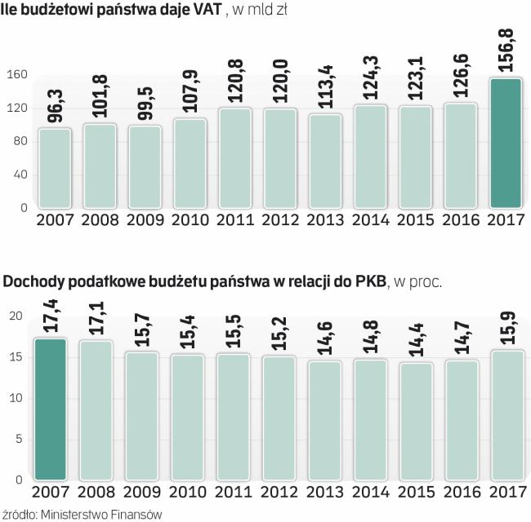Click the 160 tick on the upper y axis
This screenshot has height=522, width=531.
17,74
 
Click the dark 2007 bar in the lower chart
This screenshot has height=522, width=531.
51,408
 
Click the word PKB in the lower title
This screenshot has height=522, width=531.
370,282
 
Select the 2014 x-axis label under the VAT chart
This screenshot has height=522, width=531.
369,220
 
